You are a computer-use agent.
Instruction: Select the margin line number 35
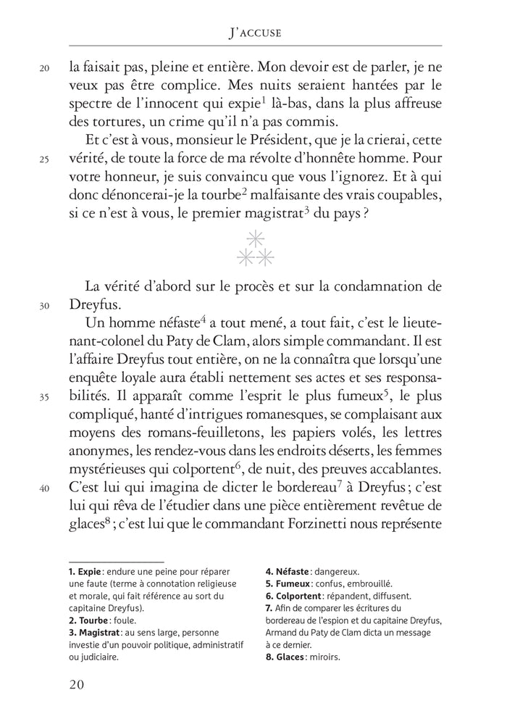(43, 397)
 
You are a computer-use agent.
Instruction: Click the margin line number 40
(43, 488)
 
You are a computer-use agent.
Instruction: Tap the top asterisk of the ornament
(254, 238)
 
